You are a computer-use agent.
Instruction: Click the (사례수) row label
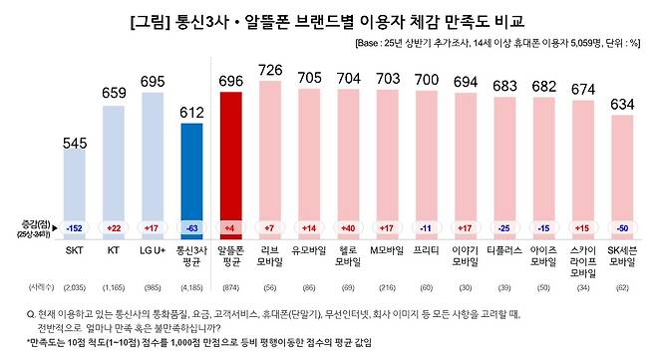tap(31, 287)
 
